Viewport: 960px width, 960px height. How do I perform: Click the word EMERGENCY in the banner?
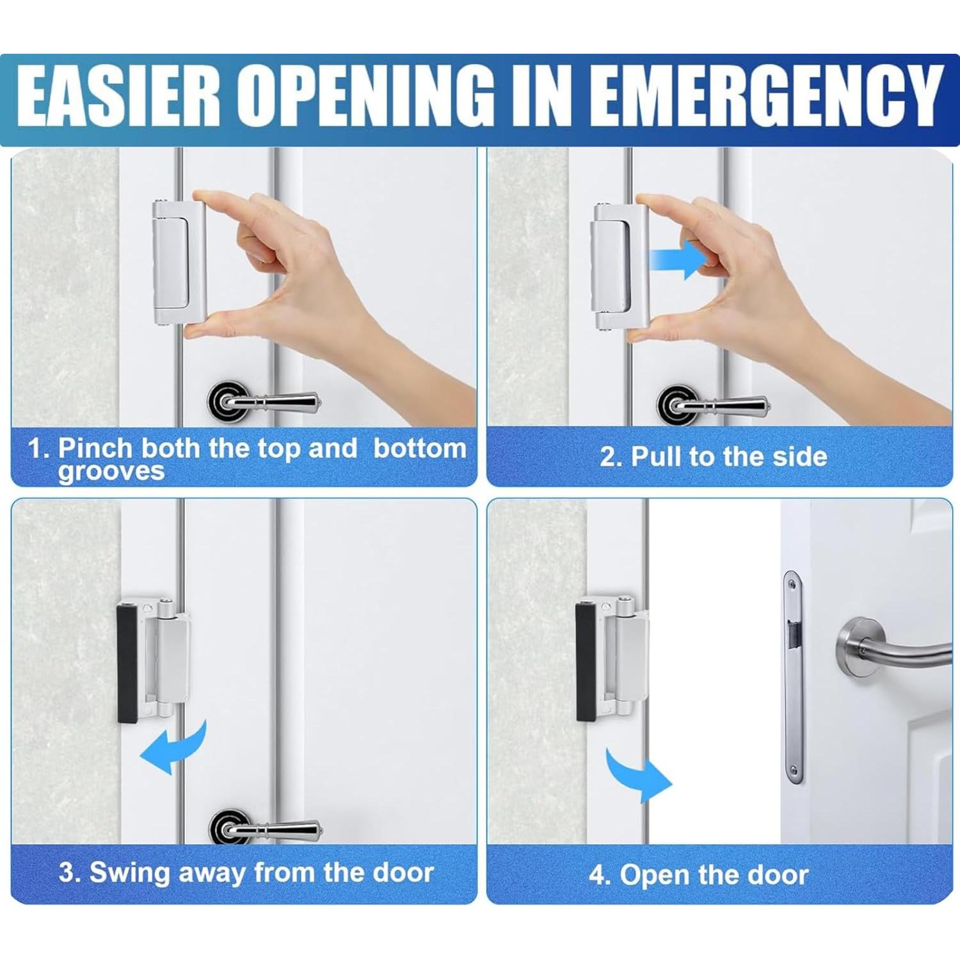(765, 96)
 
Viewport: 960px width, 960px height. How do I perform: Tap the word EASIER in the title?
(118, 96)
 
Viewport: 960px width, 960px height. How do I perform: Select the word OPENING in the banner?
(368, 96)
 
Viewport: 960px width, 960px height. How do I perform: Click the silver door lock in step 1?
(179, 262)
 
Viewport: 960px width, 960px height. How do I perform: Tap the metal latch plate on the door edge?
(793, 675)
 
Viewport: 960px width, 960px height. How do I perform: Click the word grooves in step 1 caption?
(111, 472)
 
